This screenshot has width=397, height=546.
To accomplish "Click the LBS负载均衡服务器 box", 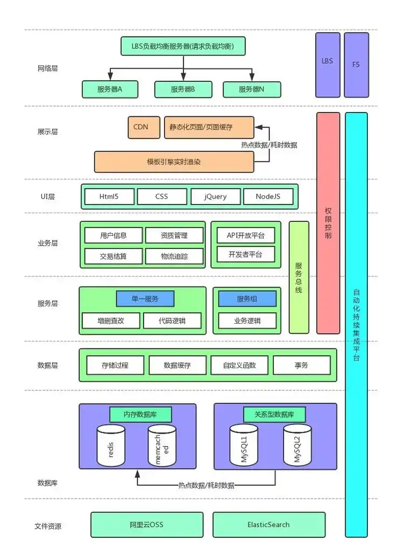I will pos(183,46).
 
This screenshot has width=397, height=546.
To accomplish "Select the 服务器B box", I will pos(183,89).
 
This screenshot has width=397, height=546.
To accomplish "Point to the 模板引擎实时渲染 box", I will pos(174,162).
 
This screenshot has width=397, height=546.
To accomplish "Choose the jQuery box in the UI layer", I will pos(215,197).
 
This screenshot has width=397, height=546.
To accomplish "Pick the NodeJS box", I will pos(268,197).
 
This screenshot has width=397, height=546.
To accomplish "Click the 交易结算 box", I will pos(114,256).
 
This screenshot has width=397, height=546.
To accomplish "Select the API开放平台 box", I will pos(246,235).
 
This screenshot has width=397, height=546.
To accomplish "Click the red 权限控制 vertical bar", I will pos(328,223).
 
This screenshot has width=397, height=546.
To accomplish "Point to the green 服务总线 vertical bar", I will pos(299,277).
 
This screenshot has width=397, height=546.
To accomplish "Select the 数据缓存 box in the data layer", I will pos(177,365).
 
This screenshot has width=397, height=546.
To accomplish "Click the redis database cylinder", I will pos(111,446).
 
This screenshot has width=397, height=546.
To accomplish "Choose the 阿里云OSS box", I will pos(147,524).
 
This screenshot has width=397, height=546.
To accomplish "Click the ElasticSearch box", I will pos(268,524).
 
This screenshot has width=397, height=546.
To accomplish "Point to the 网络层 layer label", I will pos(48,69).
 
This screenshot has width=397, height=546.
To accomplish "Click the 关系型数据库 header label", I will pos(275,415).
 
